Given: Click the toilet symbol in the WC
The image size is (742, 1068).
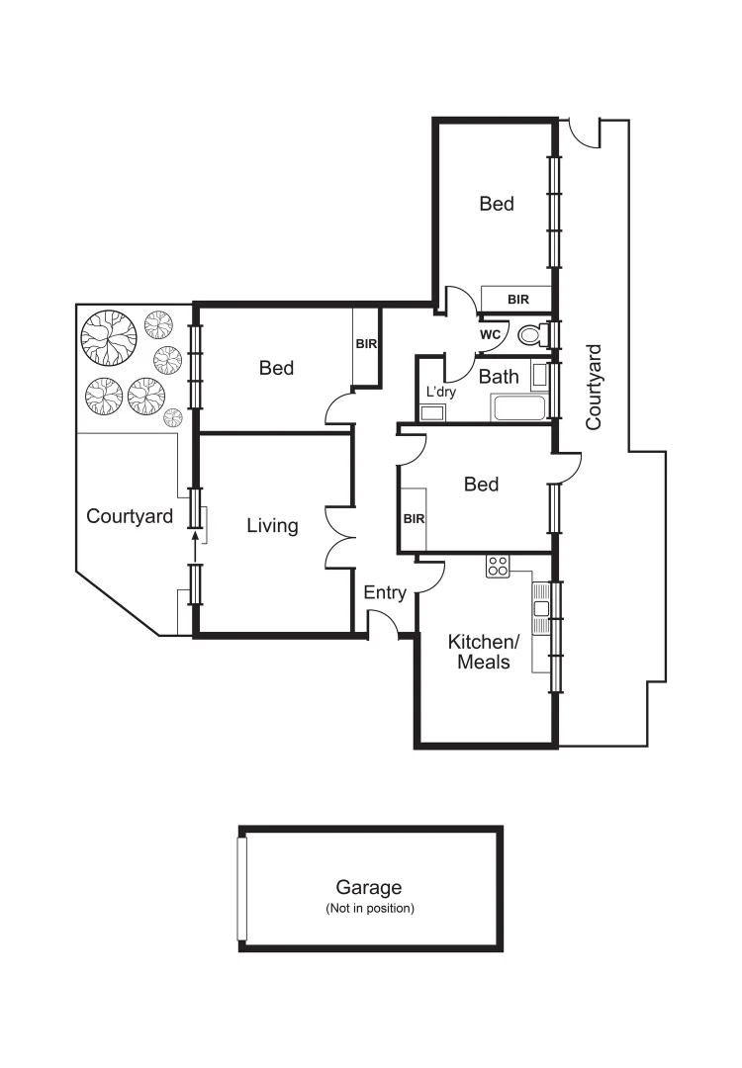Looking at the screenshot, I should [x=532, y=336].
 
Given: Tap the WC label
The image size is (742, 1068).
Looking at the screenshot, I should [x=490, y=335].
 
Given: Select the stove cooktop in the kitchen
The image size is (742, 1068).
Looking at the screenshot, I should [x=498, y=567].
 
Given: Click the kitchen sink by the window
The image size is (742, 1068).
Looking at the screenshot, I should [x=540, y=609].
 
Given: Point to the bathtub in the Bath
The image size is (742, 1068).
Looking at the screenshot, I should [x=516, y=408].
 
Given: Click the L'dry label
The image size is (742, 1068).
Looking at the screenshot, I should [x=439, y=393].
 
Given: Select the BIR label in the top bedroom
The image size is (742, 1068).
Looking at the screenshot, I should [x=517, y=299].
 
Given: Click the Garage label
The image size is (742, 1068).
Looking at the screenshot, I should [x=369, y=888].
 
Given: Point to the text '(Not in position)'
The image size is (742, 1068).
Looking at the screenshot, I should [x=369, y=908].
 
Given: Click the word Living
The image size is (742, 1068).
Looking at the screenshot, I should [x=272, y=526].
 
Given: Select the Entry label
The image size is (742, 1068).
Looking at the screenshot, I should [x=385, y=593].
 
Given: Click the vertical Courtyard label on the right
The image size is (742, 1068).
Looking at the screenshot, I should [x=594, y=386].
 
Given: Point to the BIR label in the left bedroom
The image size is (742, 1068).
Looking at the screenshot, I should [x=366, y=344].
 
